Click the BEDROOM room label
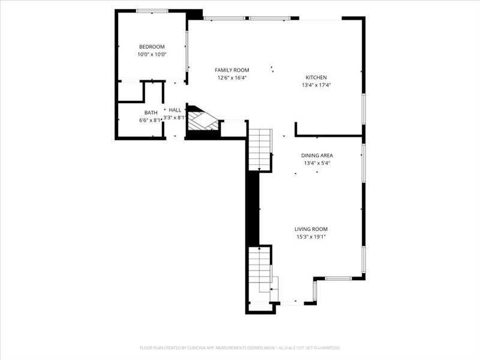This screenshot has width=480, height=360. tap(151, 47)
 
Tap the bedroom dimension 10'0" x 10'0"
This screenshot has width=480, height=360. tap(151, 55)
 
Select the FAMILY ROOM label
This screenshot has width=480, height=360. tap(232, 70)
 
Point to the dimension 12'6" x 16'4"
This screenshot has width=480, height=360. tap(232, 78)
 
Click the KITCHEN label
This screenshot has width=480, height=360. tap(316, 77)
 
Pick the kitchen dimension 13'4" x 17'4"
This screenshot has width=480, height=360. tap(316, 85)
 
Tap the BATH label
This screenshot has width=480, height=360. tap(151, 113)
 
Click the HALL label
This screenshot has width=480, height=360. tap(175, 110)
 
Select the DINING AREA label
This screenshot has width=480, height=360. tap(317, 155)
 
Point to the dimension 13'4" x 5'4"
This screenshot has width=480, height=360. tap(317, 163)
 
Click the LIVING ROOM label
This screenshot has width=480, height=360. tap(311, 229)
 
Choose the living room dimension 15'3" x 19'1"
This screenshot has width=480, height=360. tap(311, 236)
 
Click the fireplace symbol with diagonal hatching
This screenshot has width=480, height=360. tap(202, 119)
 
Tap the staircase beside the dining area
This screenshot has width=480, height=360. tap(260, 150)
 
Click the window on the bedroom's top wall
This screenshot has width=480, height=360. tap(152, 11)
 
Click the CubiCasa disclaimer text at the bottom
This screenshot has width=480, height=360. tap(240, 347)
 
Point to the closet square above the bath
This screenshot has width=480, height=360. tap(130, 91)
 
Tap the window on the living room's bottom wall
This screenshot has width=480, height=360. tap(338, 278)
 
